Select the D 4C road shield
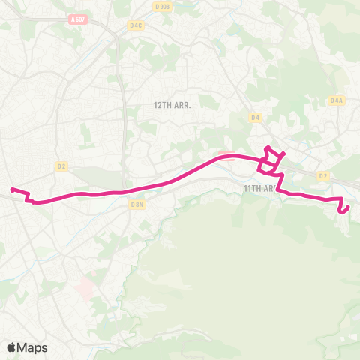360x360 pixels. point(136,25)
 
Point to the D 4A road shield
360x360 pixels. point(336,100)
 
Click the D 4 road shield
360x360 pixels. point(256,118)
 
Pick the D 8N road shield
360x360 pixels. point(136,204)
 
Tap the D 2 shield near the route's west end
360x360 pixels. point(61,166)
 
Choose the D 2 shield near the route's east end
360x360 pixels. point(323,176)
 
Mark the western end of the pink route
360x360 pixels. point(12,189)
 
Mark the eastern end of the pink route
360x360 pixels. point(341,212)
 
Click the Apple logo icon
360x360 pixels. point(12,347)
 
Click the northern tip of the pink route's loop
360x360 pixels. point(268,147)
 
